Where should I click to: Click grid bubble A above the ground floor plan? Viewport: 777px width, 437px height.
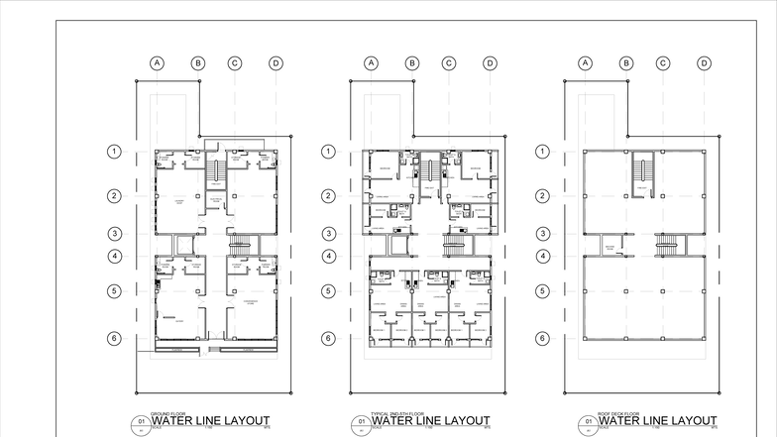(157, 63)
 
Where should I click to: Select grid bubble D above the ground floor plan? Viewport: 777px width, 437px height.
(276, 63)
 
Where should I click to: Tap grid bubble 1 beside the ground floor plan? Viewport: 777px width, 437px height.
(115, 152)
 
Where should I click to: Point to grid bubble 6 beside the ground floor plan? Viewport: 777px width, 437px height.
(115, 338)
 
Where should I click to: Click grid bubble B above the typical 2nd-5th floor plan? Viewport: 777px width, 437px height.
(411, 63)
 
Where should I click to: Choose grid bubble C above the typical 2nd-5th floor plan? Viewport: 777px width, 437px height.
(449, 63)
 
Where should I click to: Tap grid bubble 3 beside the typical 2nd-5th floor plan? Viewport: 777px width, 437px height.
(329, 234)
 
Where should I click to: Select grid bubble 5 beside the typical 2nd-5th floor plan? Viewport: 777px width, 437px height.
(329, 291)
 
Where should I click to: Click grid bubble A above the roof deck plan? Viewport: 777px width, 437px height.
(586, 63)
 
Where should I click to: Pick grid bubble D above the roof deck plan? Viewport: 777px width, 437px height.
(704, 63)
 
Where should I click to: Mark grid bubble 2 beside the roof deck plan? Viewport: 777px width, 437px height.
(543, 195)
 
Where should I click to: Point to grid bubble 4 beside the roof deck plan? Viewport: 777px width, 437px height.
(543, 256)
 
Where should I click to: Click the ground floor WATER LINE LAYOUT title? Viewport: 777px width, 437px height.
(210, 421)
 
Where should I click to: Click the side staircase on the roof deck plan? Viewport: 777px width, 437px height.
(670, 243)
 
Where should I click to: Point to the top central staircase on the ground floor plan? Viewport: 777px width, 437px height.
(213, 172)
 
